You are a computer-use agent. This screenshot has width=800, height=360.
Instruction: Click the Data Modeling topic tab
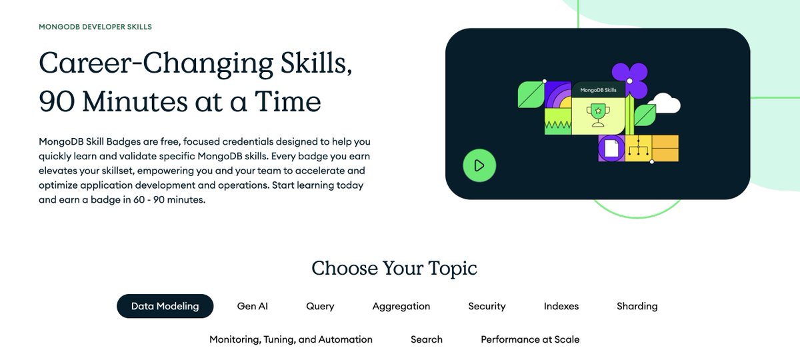(x=165, y=306)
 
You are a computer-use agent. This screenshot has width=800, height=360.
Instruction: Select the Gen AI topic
(x=252, y=306)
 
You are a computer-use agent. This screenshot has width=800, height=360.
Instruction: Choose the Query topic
(x=320, y=306)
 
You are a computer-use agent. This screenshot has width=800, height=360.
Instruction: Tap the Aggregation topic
(x=401, y=306)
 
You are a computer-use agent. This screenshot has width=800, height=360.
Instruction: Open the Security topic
(x=487, y=306)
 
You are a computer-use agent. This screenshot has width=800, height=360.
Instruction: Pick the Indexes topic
(x=561, y=306)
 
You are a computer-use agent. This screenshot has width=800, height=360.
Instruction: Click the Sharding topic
(x=637, y=306)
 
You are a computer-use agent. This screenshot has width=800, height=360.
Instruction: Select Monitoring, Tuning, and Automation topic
(x=291, y=339)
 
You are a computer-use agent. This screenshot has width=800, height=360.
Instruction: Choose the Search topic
(x=426, y=339)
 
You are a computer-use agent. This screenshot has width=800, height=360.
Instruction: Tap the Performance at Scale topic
(x=530, y=339)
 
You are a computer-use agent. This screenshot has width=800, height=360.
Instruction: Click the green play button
(x=479, y=165)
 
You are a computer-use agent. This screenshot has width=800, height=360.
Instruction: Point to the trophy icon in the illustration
(x=598, y=115)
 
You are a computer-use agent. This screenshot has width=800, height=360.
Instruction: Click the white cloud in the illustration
(x=663, y=103)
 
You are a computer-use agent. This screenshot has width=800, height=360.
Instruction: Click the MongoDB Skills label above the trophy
(x=598, y=89)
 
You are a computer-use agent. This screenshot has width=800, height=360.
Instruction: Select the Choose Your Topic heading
(x=394, y=268)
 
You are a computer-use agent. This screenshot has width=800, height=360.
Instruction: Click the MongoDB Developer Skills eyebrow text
(x=95, y=27)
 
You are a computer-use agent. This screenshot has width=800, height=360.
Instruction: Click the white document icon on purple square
(x=610, y=147)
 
